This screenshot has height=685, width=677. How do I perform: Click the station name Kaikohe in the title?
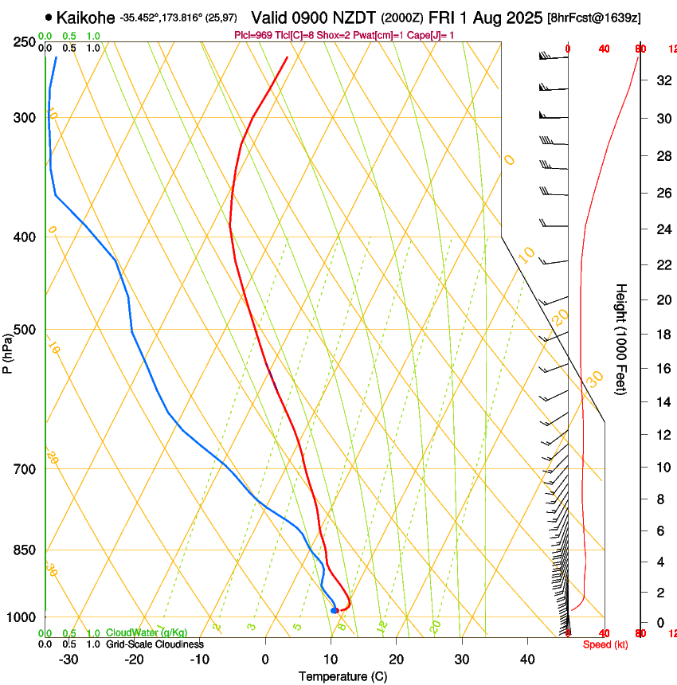click(87, 17)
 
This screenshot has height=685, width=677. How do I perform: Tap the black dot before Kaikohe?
click(49, 17)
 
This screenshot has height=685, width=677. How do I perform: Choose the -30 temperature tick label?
click(68, 660)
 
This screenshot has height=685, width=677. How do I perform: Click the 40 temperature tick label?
click(526, 660)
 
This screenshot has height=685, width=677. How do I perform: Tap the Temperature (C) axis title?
click(342, 676)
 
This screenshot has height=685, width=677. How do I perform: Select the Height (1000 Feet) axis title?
click(622, 339)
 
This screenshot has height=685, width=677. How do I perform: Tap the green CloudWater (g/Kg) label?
click(147, 632)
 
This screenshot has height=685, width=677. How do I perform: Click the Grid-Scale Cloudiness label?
click(155, 644)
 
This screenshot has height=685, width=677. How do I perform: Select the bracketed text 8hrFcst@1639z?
click(594, 18)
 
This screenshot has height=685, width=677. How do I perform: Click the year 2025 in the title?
click(523, 17)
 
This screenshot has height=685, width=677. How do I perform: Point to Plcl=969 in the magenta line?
click(254, 35)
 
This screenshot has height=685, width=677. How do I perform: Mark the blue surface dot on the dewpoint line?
click(335, 610)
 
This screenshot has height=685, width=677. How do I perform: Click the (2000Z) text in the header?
click(402, 18)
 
